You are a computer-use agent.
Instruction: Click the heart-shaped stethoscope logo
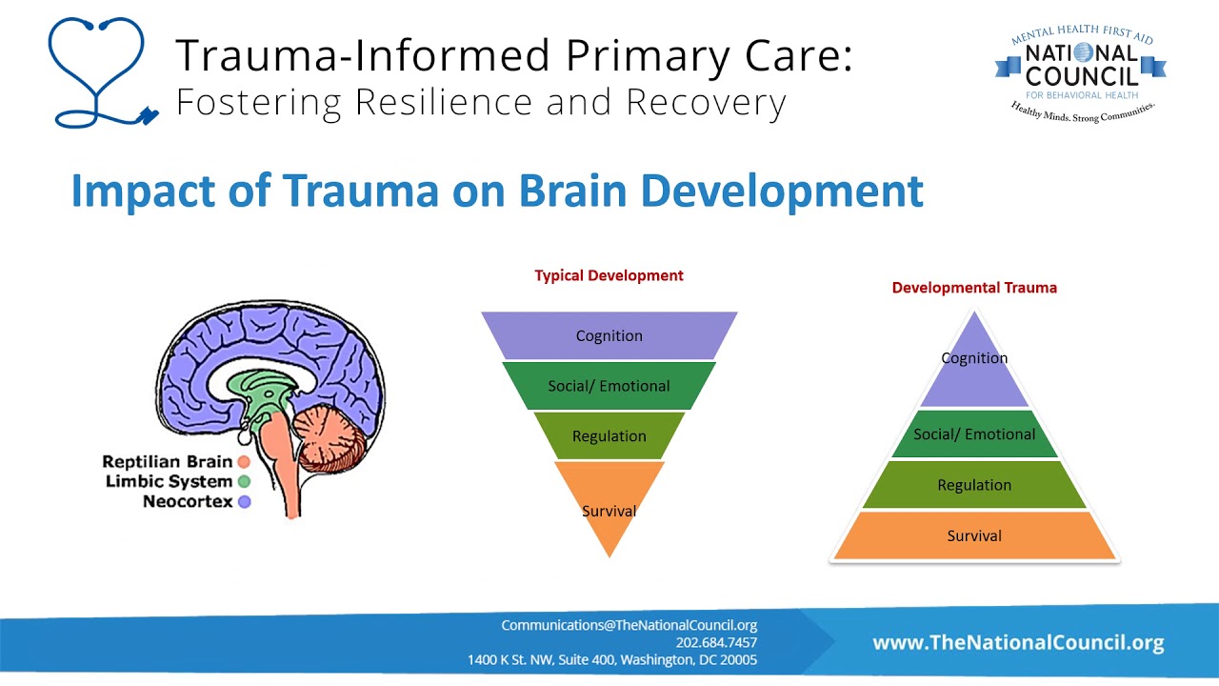coord(98,72)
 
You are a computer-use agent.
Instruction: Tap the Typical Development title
coord(609,275)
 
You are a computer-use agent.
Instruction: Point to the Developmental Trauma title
coord(974,287)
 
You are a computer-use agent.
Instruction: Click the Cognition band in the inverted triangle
coord(609,335)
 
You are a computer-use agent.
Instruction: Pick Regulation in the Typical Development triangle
coord(609,436)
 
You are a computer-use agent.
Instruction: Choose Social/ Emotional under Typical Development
coord(609,386)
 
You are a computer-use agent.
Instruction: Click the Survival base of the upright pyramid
coord(974,535)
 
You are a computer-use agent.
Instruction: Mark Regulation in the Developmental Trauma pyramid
coord(974,485)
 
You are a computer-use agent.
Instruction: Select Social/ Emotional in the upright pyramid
coord(974,434)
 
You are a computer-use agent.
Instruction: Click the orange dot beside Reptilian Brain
coord(244,462)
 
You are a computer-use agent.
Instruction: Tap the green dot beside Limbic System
coord(244,482)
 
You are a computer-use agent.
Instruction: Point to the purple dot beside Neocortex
coord(244,502)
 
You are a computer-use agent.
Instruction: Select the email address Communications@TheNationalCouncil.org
coord(629,626)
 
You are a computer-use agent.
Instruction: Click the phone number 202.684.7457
coord(716,642)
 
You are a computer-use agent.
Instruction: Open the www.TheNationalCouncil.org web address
coord(1018,643)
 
